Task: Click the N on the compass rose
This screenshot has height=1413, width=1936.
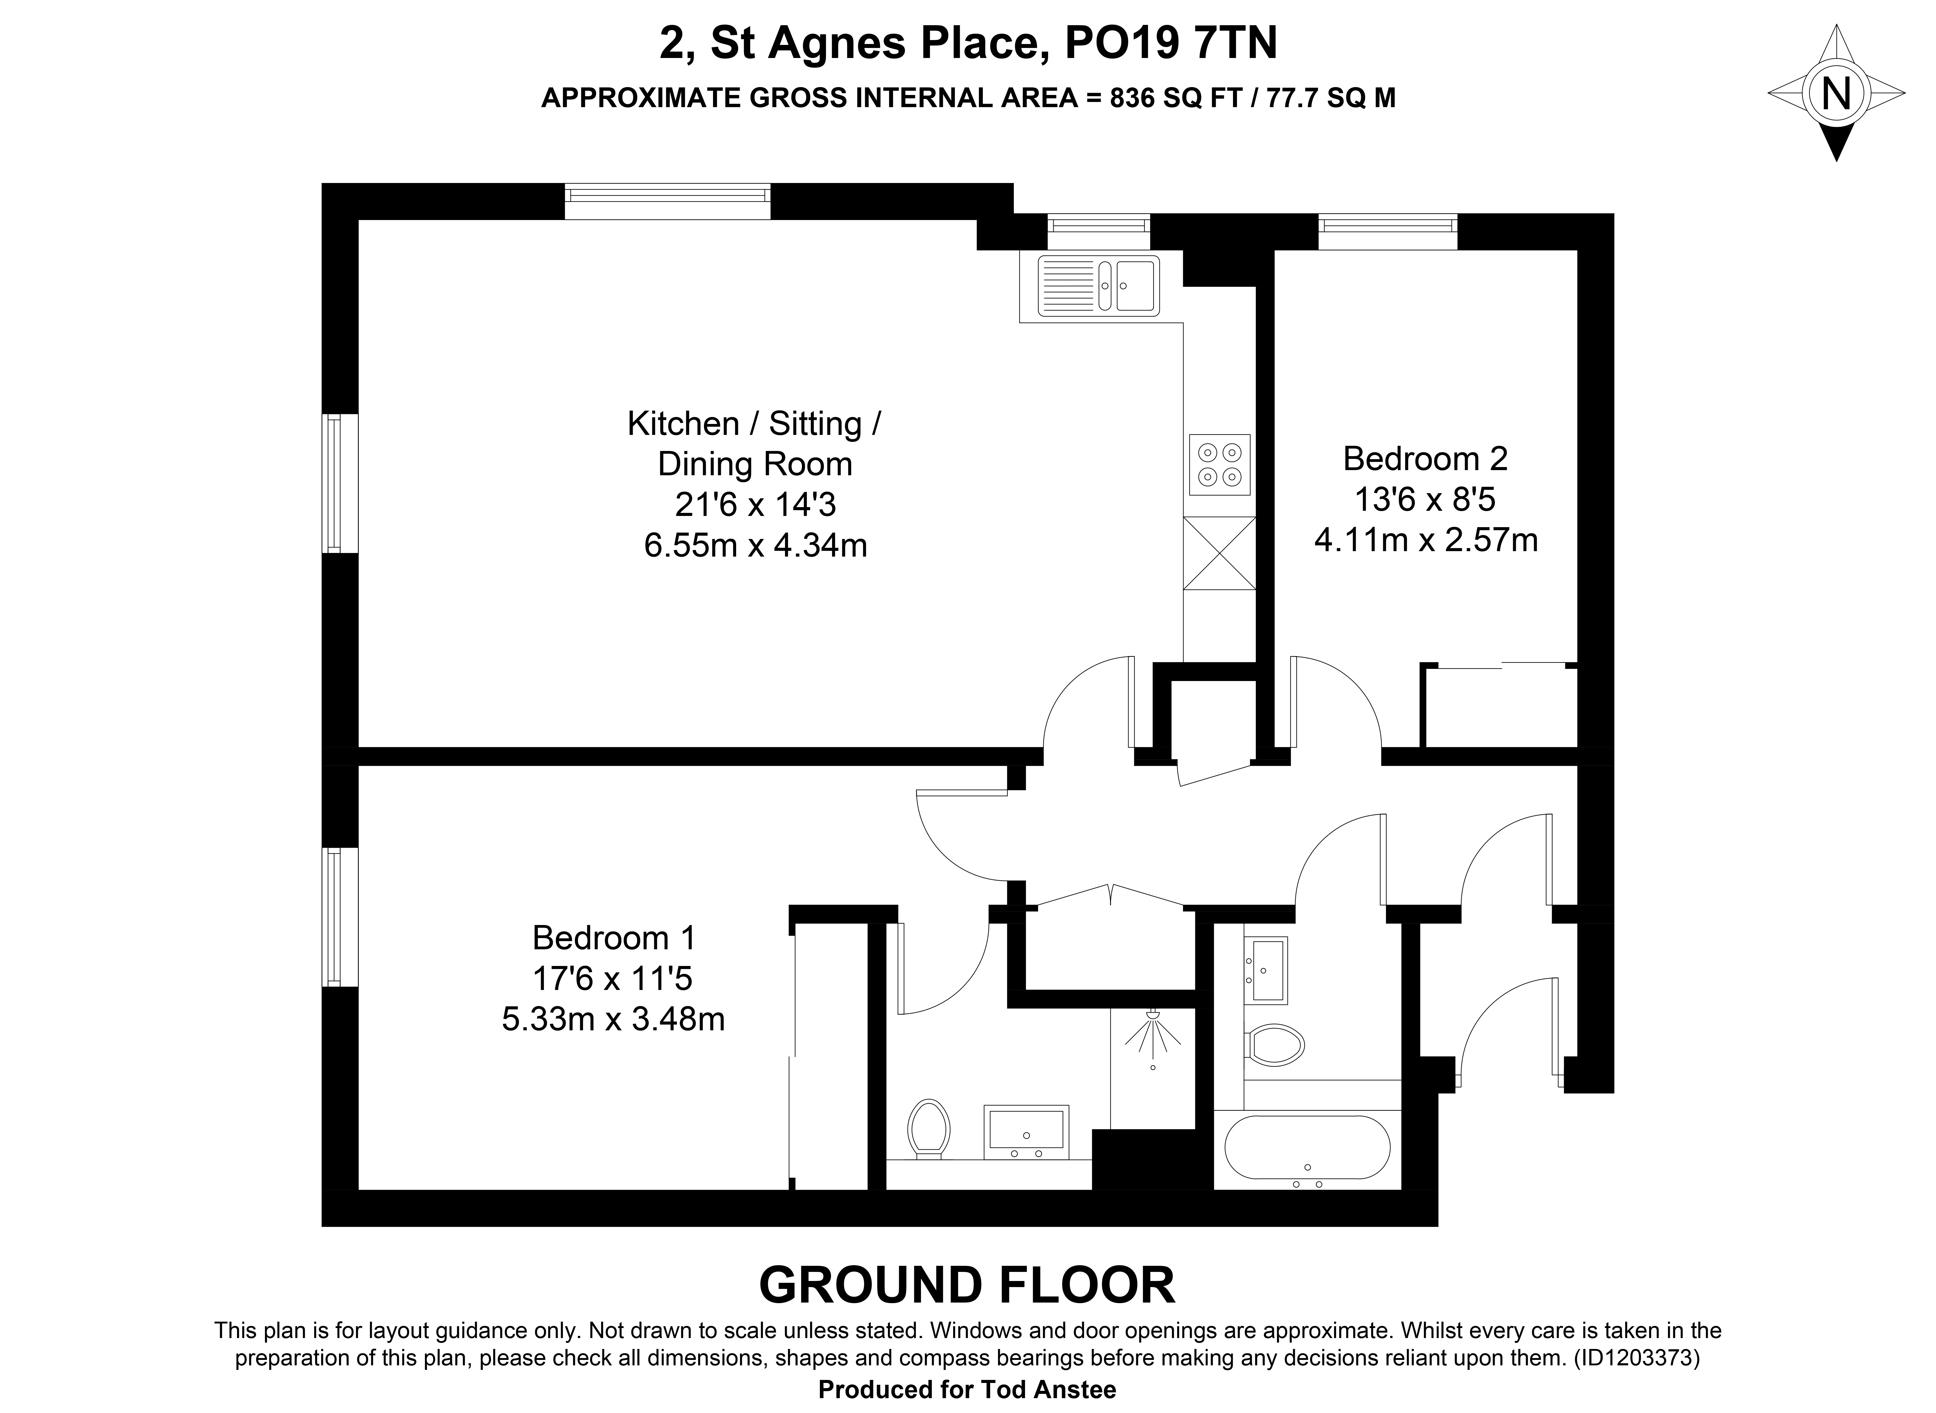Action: pos(1835,93)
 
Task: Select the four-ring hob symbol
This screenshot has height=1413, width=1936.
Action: pos(1219,464)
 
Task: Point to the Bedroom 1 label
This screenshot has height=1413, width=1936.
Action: pos(613,938)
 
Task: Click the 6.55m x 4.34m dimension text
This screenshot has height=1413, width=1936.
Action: pos(756,545)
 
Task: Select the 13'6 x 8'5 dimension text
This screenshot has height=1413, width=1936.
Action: pos(1425,500)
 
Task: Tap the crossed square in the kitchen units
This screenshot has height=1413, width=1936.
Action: pos(1219,553)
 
